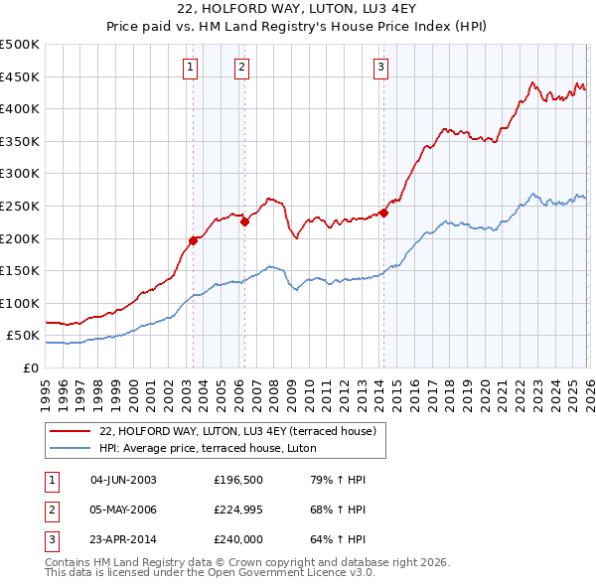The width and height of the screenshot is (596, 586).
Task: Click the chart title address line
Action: (298, 10)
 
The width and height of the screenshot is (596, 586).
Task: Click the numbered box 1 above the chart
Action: (190, 68)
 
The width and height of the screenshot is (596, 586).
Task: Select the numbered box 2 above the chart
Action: (241, 68)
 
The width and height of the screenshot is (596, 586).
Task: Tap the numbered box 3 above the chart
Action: (380, 68)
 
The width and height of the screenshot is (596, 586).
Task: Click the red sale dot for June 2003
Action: (193, 240)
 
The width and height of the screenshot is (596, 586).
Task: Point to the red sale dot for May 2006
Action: (244, 222)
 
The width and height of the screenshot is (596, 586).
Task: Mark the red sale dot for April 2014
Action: (383, 213)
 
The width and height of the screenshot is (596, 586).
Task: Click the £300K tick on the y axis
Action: (21, 174)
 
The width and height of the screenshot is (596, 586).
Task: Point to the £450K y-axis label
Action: (21, 76)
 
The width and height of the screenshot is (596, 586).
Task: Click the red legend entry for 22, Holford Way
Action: (236, 431)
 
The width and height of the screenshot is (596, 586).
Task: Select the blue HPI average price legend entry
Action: (207, 448)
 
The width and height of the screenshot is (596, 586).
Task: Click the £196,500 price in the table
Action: (237, 480)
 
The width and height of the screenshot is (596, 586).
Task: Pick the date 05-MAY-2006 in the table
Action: (123, 510)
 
